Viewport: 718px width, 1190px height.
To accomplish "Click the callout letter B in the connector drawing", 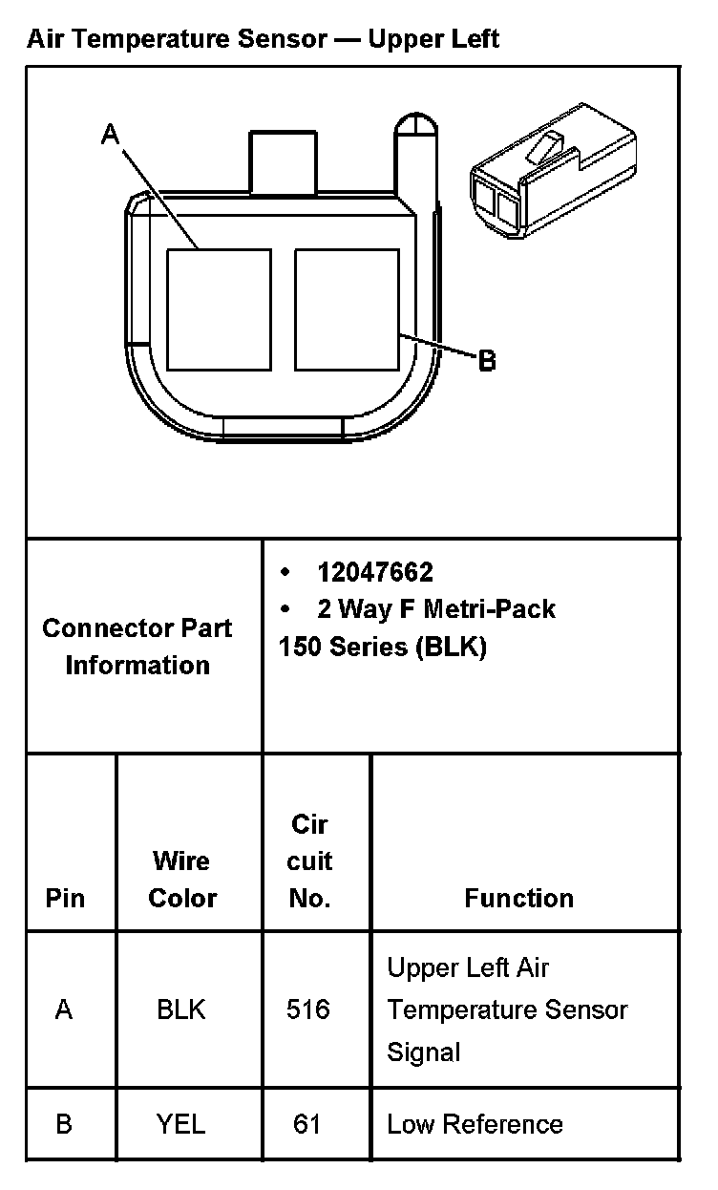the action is pyautogui.click(x=487, y=361).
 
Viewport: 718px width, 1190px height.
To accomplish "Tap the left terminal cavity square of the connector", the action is pyautogui.click(x=219, y=309).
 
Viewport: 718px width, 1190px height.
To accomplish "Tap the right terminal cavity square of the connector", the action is pyautogui.click(x=347, y=309).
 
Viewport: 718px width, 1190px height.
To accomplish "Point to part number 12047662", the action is pyautogui.click(x=375, y=572).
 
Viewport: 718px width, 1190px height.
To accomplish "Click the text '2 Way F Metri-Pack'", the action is pyautogui.click(x=436, y=609).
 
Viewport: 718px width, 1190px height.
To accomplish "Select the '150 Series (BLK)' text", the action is pyautogui.click(x=382, y=647).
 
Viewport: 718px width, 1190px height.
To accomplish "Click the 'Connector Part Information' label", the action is pyautogui.click(x=137, y=647).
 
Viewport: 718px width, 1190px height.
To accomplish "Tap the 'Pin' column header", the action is pyautogui.click(x=65, y=898).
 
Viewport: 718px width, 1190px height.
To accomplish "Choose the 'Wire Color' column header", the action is pyautogui.click(x=181, y=879).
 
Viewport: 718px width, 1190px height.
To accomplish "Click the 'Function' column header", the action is pyautogui.click(x=518, y=898).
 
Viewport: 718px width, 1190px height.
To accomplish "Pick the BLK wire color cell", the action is pyautogui.click(x=181, y=1009).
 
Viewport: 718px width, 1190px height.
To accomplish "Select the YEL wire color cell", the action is pyautogui.click(x=181, y=1124).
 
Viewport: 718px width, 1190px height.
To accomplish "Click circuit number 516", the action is pyautogui.click(x=308, y=1009).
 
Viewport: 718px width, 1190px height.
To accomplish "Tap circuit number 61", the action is pyautogui.click(x=307, y=1124).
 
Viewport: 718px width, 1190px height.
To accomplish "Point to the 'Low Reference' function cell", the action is pyautogui.click(x=475, y=1124).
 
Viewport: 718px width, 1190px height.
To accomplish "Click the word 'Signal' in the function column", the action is pyautogui.click(x=424, y=1052).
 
